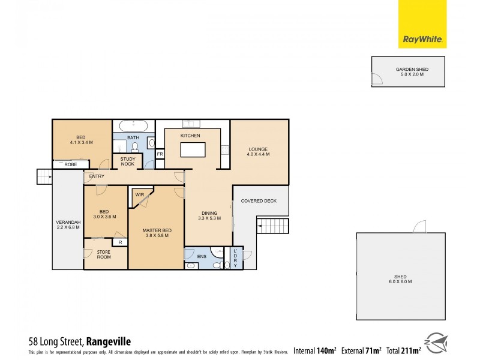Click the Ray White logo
pyautogui.click(x=422, y=24)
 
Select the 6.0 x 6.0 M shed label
pyautogui.click(x=400, y=279)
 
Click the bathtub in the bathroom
pyautogui.click(x=133, y=127)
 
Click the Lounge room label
pyautogui.click(x=258, y=152)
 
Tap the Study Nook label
pyautogui.click(x=127, y=161)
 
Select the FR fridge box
pyautogui.click(x=160, y=155)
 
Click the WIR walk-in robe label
pyautogui.click(x=139, y=195)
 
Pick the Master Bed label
pyautogui.click(x=155, y=233)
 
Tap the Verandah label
pyautogui.click(x=67, y=224)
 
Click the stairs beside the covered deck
pyautogui.click(x=272, y=226)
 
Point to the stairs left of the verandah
pyautogui.click(x=44, y=176)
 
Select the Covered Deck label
pyautogui.click(x=259, y=201)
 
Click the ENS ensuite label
pyautogui.click(x=201, y=256)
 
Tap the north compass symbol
pyautogui.click(x=437, y=343)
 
